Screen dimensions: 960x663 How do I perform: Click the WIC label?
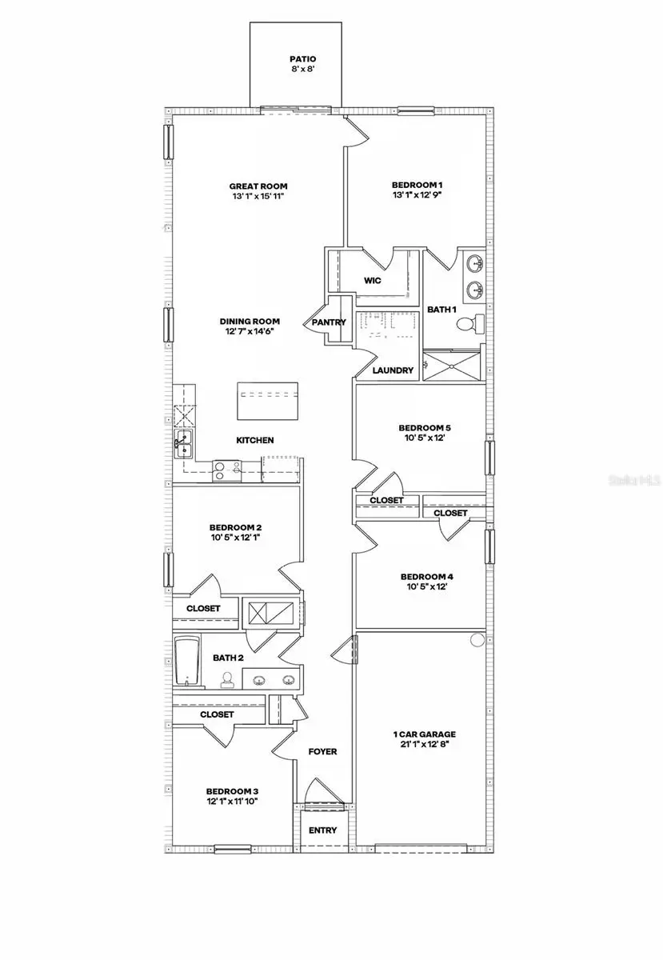(x=372, y=281)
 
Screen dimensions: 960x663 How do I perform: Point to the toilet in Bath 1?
(x=471, y=324)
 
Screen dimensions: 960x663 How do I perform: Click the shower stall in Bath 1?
(x=452, y=367)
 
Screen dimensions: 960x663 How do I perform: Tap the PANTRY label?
(x=329, y=322)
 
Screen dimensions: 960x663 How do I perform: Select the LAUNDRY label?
(x=393, y=370)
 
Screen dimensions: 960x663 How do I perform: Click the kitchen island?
(x=268, y=400)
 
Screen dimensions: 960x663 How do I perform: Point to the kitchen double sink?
(x=183, y=442)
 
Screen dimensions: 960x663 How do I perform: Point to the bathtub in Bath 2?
(x=186, y=662)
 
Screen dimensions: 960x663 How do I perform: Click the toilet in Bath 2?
(x=228, y=680)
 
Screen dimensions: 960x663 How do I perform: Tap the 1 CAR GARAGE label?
(x=424, y=734)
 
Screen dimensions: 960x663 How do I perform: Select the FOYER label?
(x=322, y=752)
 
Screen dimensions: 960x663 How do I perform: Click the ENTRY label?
(x=322, y=830)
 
